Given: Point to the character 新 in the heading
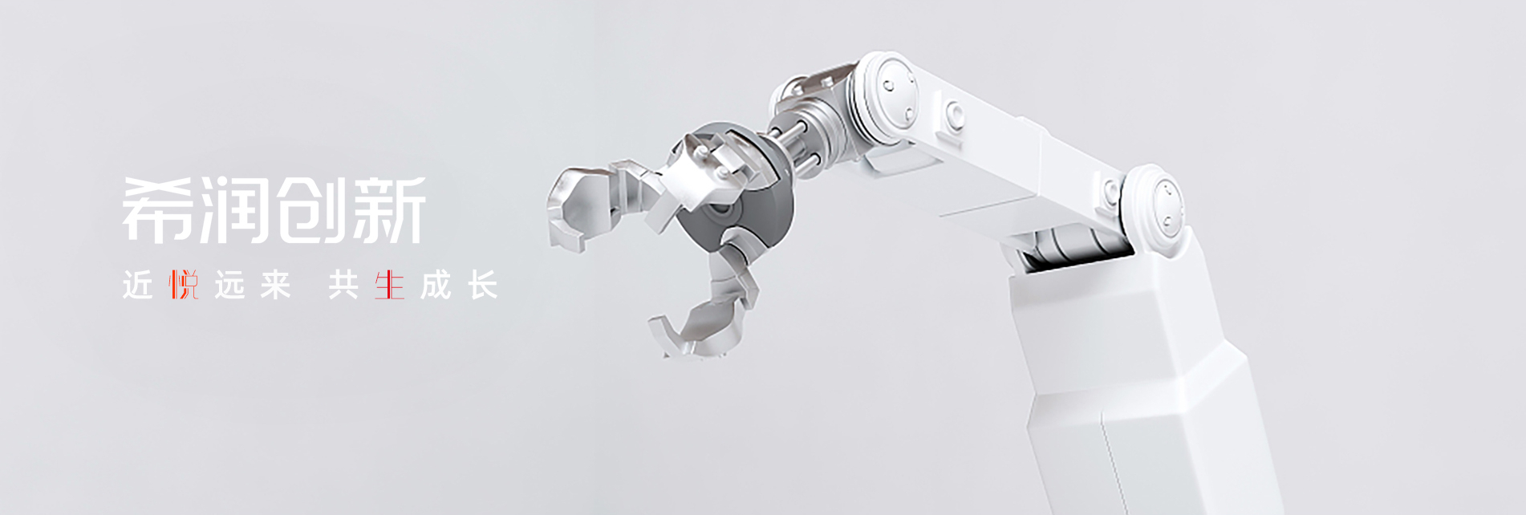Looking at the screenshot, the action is tap(388, 209).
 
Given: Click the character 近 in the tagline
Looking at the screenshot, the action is tap(137, 285).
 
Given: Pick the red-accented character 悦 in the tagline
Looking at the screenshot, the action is tap(184, 285).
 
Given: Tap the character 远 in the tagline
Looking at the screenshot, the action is tap(229, 285).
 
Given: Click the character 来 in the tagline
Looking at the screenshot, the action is tap(275, 285).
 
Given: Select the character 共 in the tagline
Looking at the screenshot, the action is tap(343, 285).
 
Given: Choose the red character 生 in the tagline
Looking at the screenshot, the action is tap(390, 285).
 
